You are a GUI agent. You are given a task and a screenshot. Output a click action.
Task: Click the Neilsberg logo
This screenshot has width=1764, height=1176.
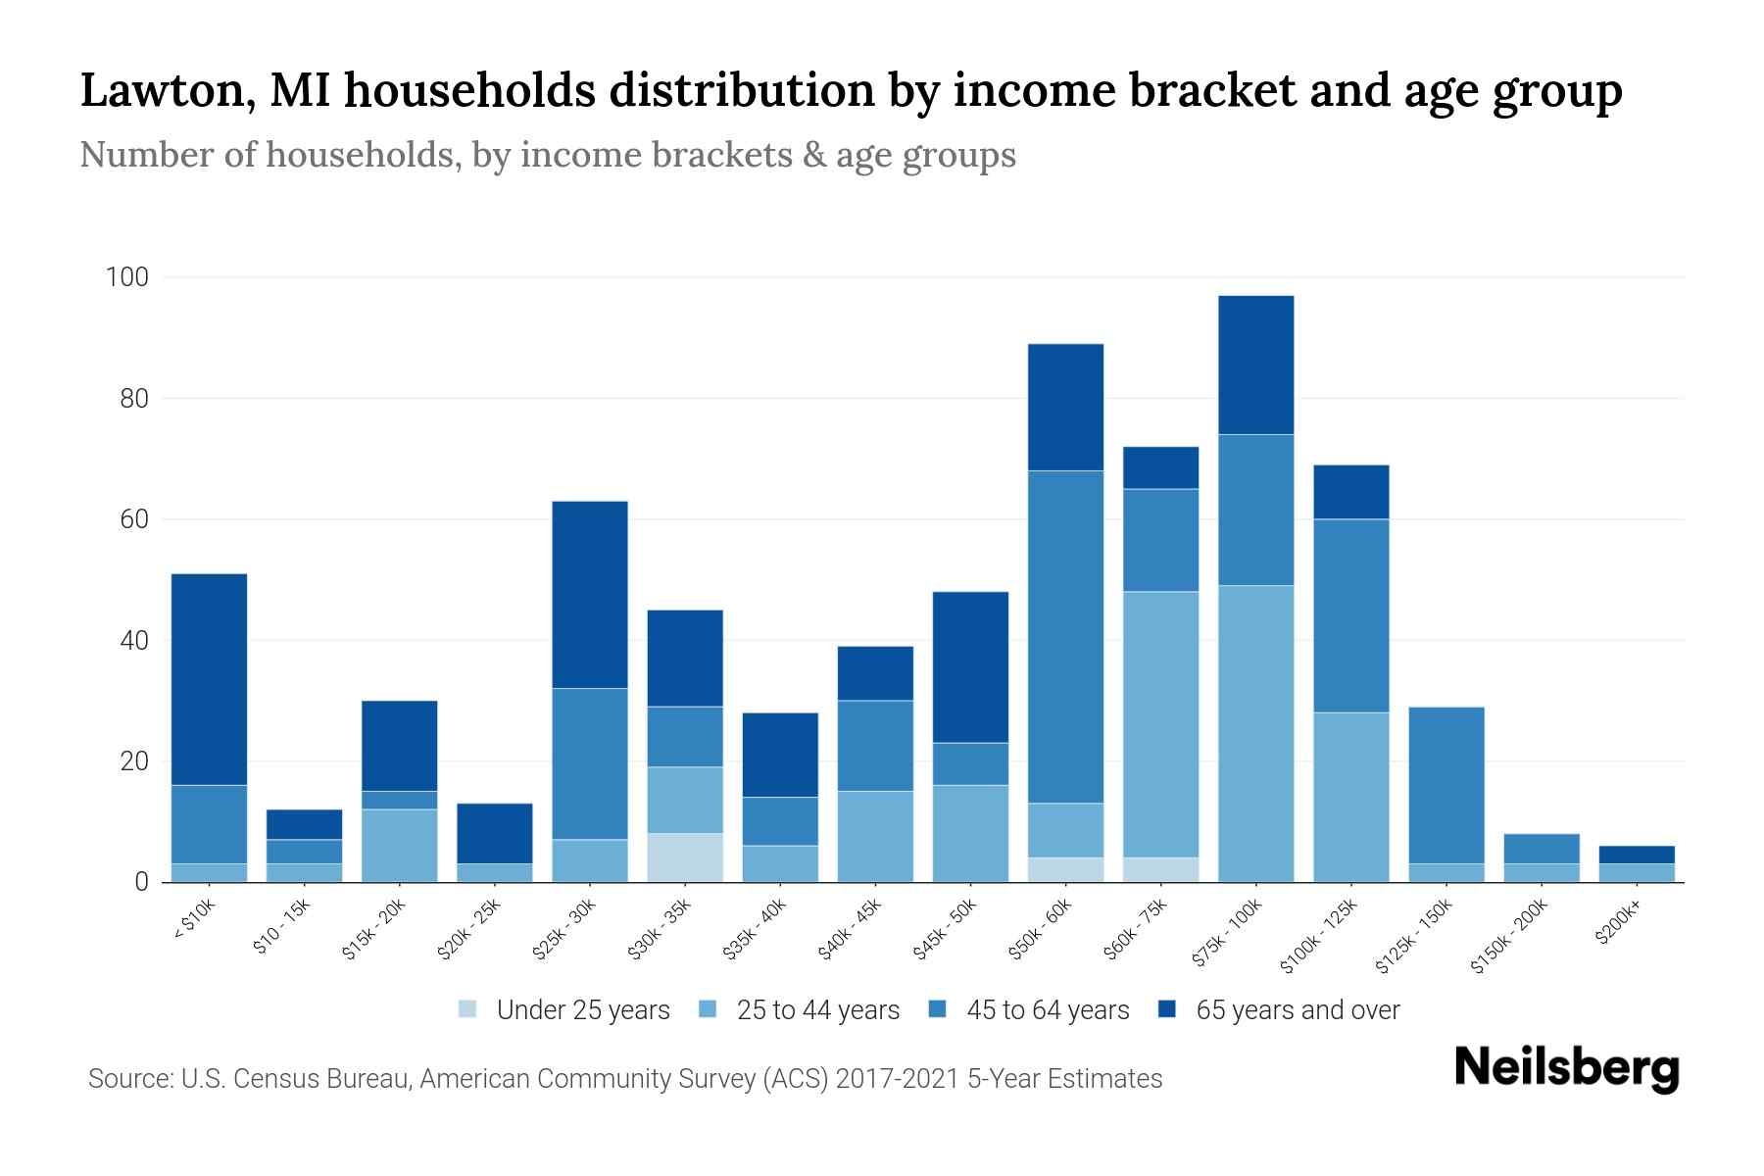pos(1566,1068)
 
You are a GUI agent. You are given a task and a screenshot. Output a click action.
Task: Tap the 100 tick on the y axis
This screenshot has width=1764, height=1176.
pos(126,277)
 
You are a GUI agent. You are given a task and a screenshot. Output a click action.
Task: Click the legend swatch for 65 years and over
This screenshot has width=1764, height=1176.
pos(1168,1009)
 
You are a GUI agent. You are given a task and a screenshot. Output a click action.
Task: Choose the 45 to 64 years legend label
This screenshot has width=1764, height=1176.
pos(1048,1010)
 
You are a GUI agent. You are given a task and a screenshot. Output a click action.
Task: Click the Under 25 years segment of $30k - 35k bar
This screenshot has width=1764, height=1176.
pos(685,857)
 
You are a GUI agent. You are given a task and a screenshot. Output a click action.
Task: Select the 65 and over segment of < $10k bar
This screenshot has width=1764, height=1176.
pos(209,678)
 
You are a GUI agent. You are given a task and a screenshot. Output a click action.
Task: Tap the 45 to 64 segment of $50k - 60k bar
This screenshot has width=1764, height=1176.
pos(1065,637)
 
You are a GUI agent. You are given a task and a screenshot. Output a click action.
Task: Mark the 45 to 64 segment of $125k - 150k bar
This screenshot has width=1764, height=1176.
pos(1445,784)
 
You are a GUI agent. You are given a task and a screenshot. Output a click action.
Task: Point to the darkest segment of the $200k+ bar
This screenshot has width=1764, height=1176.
pos(1636,855)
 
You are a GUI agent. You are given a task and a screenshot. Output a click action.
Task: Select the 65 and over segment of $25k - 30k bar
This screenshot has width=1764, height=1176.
pos(590,594)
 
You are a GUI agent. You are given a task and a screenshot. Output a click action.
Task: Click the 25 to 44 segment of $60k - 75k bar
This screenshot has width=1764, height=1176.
pos(1160,724)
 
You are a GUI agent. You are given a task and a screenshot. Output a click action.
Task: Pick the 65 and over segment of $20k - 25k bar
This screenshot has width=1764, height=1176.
pos(495,833)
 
